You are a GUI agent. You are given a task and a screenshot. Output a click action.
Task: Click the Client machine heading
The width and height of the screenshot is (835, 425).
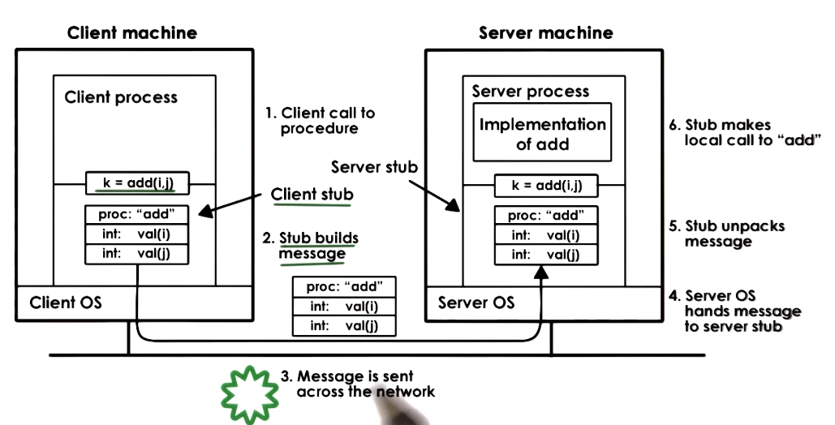pyautogui.click(x=131, y=33)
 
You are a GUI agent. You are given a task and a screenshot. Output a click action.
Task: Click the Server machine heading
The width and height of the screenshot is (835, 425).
pyautogui.click(x=545, y=33)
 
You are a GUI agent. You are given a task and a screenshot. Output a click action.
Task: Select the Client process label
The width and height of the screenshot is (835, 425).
pyautogui.click(x=121, y=97)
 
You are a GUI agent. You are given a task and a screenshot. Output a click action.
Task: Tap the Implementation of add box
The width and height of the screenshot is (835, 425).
pyautogui.click(x=543, y=135)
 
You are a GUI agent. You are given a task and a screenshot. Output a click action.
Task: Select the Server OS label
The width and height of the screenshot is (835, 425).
pyautogui.click(x=476, y=303)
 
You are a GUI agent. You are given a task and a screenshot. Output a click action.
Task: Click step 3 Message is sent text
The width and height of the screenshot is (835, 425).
pyautogui.click(x=357, y=384)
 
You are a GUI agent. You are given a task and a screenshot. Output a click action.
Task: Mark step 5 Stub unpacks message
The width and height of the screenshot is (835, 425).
pyautogui.click(x=734, y=234)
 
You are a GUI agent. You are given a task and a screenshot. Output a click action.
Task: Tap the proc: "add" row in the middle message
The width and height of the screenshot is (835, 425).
pyautogui.click(x=340, y=287)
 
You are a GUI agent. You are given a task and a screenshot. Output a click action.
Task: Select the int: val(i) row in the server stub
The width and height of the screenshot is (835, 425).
pyautogui.click(x=545, y=235)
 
